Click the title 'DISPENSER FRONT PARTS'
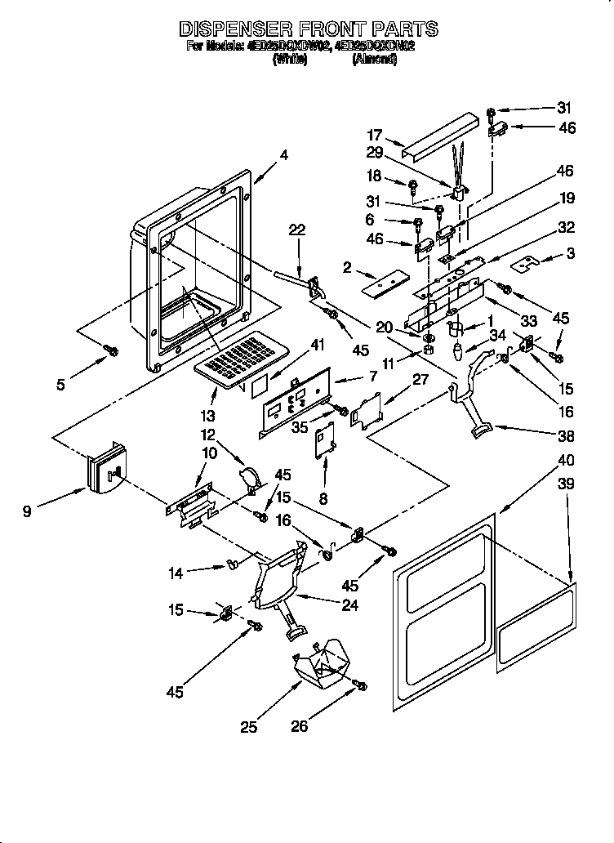click(x=308, y=29)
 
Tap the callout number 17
click(x=375, y=136)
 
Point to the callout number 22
click(x=296, y=230)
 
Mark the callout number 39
click(x=565, y=484)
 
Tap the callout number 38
click(x=564, y=435)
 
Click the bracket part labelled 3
click(x=528, y=263)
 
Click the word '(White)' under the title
click(x=290, y=59)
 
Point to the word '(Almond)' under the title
click(x=375, y=59)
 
